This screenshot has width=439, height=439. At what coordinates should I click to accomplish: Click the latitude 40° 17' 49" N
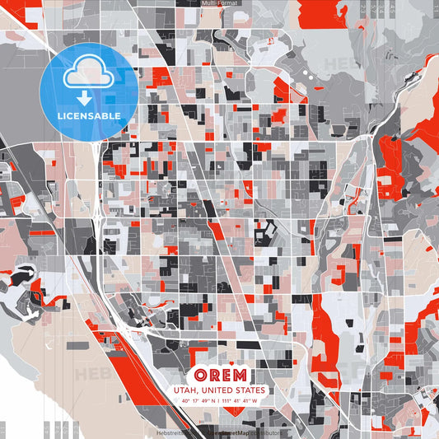[x=198, y=401]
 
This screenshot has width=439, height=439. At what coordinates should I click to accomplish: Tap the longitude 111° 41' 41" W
[x=239, y=401]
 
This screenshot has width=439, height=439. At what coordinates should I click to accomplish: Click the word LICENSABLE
[x=89, y=116]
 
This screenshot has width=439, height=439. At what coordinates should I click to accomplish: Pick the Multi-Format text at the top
[x=220, y=3]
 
